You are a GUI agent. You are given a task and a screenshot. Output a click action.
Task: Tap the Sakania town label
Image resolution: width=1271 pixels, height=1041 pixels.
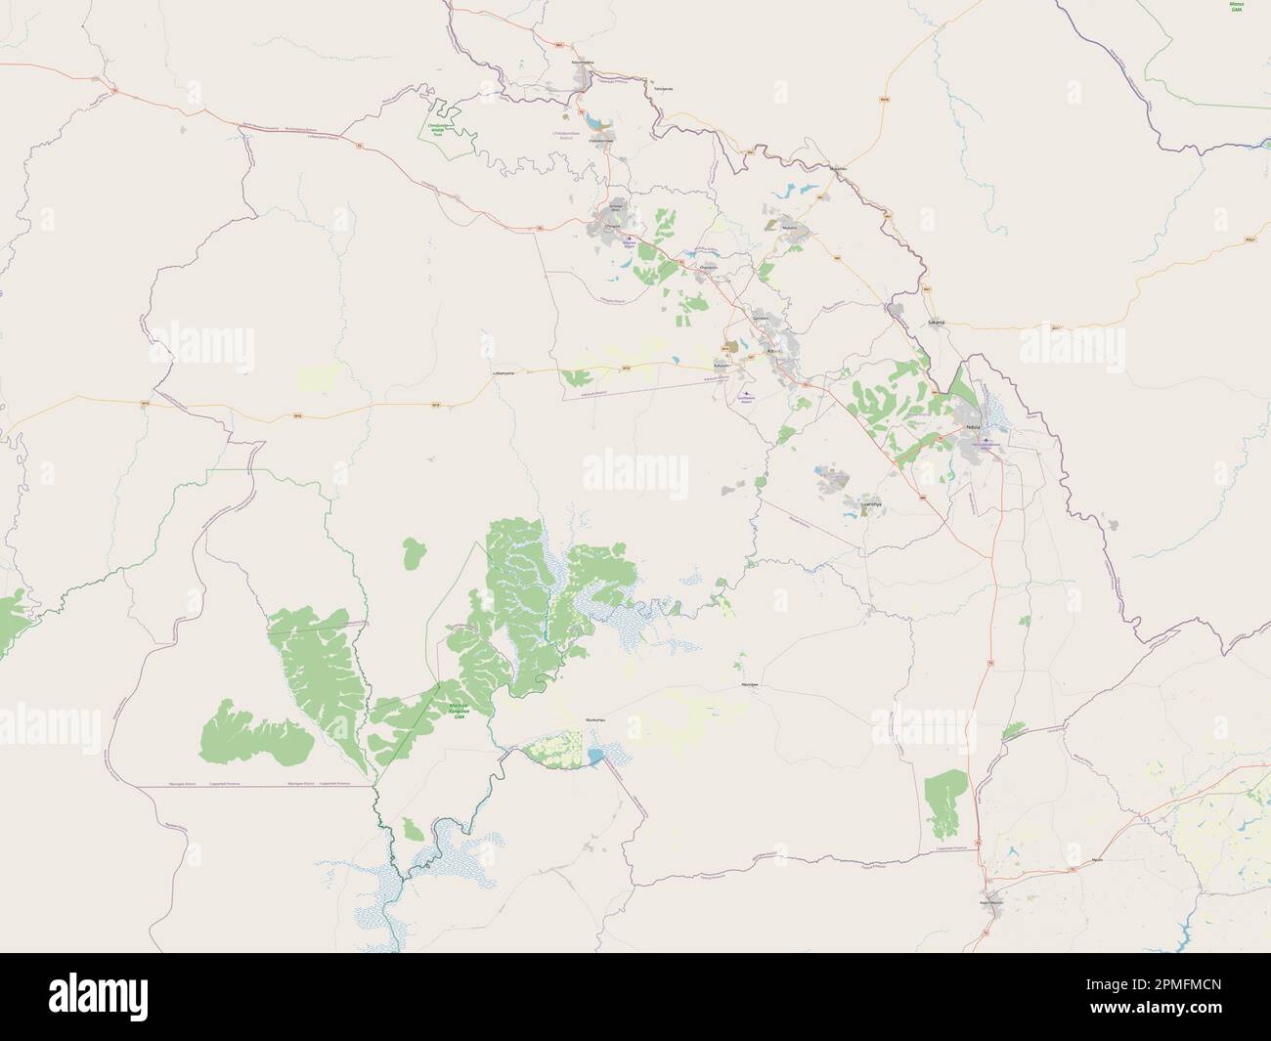tap(937, 322)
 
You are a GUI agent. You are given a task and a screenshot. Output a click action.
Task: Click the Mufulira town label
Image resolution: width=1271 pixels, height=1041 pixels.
tap(790, 228)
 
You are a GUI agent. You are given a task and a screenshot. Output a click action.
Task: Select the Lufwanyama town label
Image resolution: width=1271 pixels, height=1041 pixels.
tap(502, 372)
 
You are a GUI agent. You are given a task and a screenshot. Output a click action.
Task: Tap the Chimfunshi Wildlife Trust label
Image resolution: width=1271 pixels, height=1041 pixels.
tap(436, 127)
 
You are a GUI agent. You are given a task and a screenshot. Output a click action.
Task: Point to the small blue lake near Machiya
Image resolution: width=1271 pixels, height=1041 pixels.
tap(595, 756)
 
